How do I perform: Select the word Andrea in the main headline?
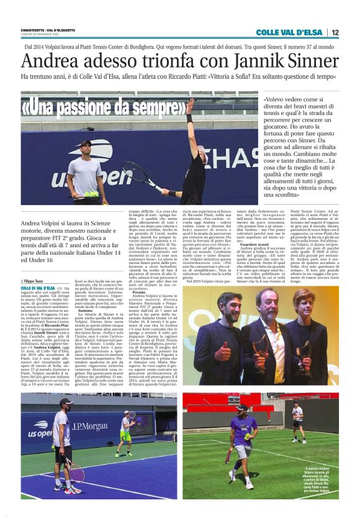49,61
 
